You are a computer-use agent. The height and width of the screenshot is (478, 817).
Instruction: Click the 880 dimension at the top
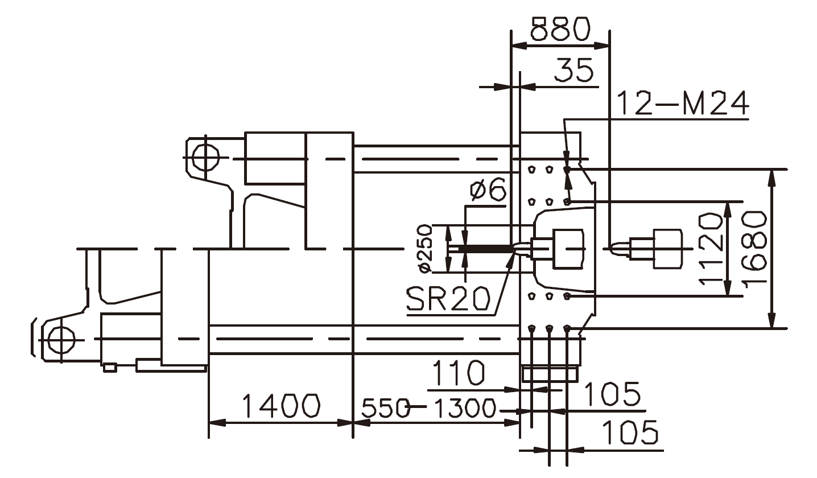click(560, 30)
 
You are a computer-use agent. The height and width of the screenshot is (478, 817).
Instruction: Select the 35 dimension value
click(574, 71)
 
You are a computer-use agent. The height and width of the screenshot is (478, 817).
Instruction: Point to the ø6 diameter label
click(488, 191)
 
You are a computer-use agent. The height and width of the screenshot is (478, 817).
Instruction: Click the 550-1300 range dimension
click(429, 408)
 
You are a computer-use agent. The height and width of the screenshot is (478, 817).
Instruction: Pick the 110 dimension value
click(459, 373)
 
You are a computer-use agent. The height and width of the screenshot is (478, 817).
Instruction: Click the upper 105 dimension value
click(612, 394)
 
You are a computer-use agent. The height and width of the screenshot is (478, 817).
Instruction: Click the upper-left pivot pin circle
click(205, 157)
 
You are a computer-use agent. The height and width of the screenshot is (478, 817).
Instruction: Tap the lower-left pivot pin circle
click(60, 340)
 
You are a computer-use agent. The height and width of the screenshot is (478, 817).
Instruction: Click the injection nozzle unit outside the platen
click(654, 249)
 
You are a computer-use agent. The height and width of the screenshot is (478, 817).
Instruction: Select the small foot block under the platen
click(549, 374)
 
